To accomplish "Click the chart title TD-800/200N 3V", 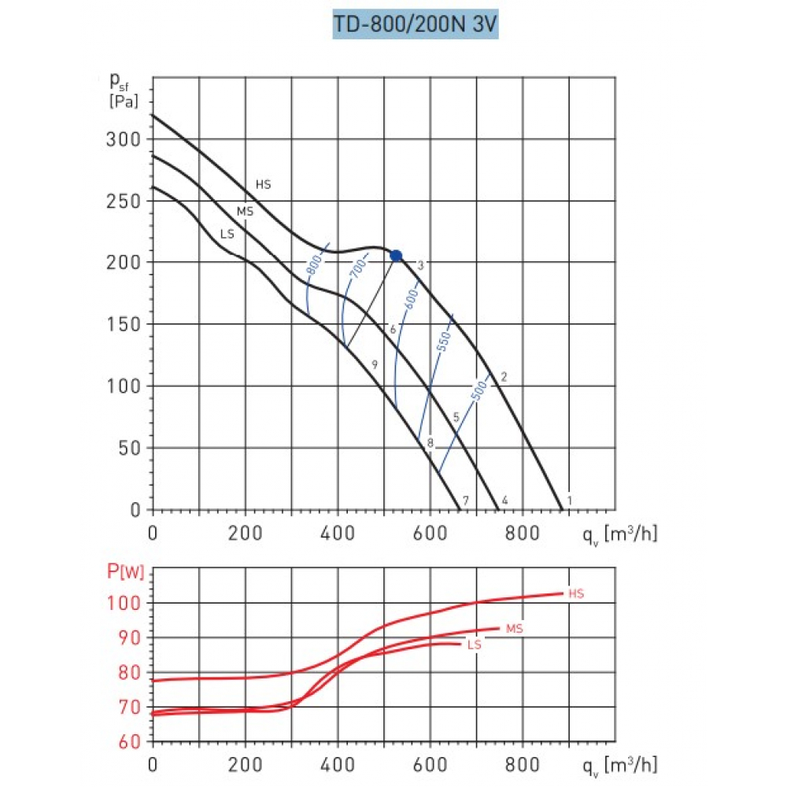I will (416, 24).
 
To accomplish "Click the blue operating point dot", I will (396, 256).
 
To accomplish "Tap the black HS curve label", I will (263, 185).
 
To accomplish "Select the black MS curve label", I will (245, 212).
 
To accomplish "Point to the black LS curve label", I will (227, 234).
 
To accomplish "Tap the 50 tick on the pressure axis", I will (130, 448).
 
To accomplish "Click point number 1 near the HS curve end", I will (569, 500).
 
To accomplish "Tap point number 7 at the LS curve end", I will (466, 501).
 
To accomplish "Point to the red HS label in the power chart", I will (576, 593).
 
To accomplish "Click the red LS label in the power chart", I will (474, 645).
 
